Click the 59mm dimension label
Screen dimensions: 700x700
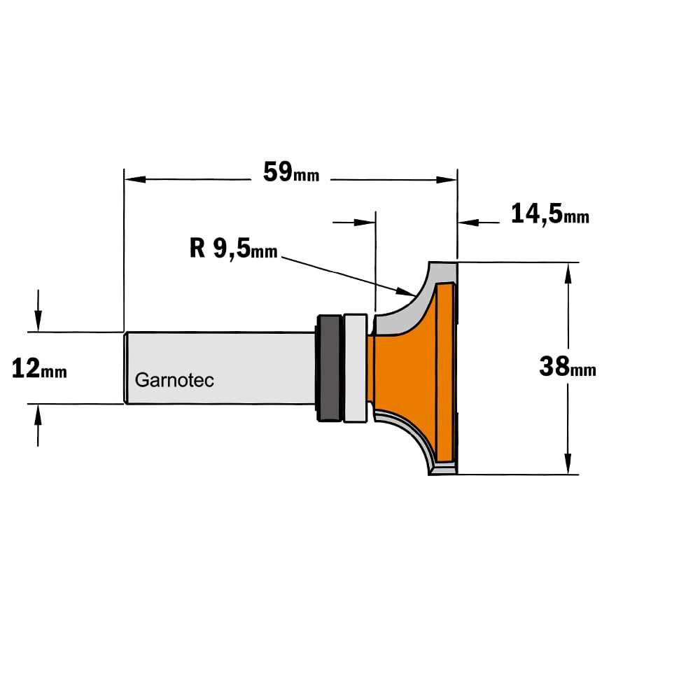[291, 172]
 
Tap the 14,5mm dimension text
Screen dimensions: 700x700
[549, 213]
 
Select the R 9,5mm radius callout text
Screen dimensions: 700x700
[234, 248]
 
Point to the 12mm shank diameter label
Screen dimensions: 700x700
[39, 369]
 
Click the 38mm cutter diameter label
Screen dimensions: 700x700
[568, 367]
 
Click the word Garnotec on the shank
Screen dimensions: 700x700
[174, 380]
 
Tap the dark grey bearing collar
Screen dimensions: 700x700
[330, 368]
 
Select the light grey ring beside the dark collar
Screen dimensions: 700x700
[356, 368]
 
